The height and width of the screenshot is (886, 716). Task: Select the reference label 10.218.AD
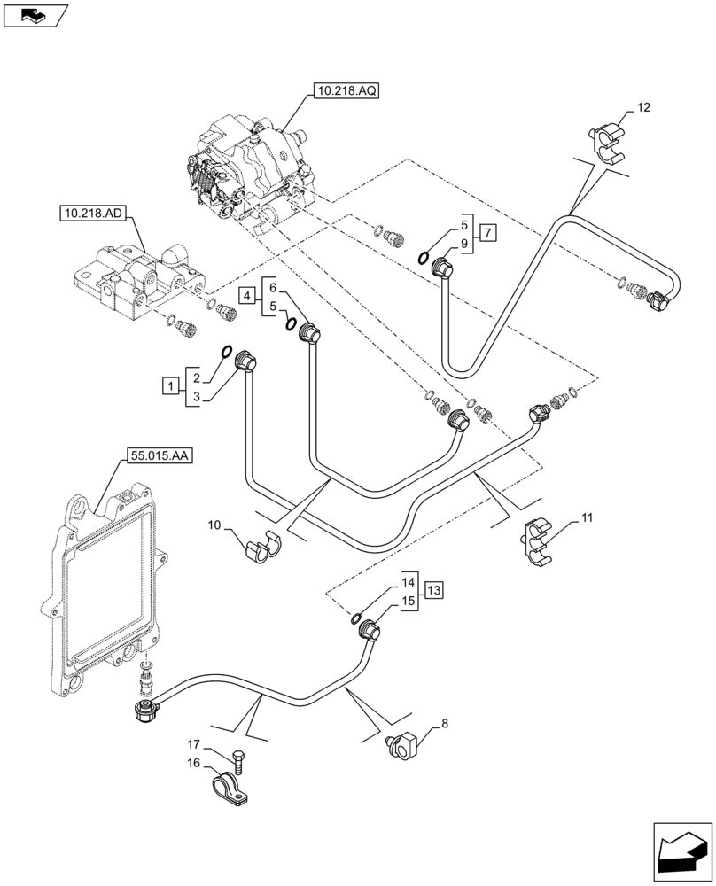(93, 214)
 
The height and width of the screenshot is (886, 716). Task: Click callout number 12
(642, 108)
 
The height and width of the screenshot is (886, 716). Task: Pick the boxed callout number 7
(488, 234)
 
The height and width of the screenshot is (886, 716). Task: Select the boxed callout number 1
(168, 385)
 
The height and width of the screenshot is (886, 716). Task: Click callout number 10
(214, 526)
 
